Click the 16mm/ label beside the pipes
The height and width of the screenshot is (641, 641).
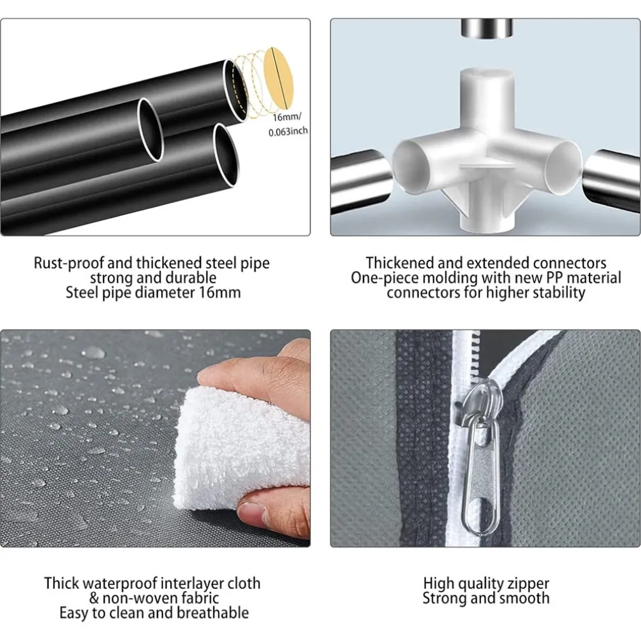point(287,117)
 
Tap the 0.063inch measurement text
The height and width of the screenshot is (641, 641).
point(288,131)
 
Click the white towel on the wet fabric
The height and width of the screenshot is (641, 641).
point(242,447)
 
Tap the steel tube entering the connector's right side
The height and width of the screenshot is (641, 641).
point(611,179)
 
